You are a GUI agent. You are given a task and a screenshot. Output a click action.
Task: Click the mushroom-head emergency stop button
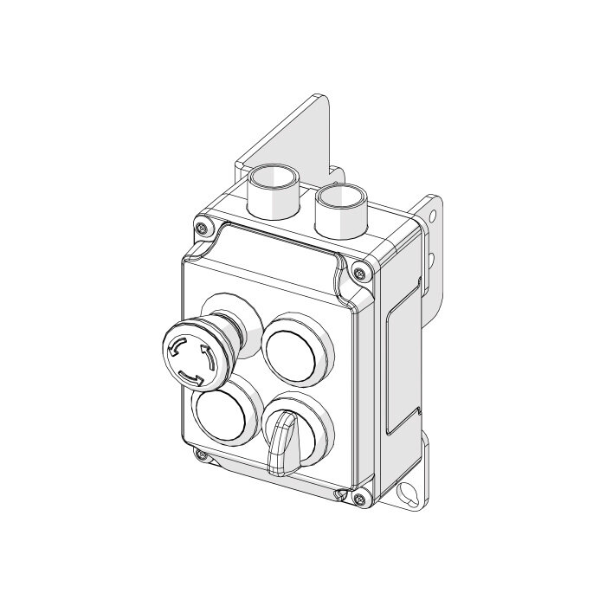click(192, 358)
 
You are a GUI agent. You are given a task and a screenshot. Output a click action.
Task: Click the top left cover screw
click(202, 228)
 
